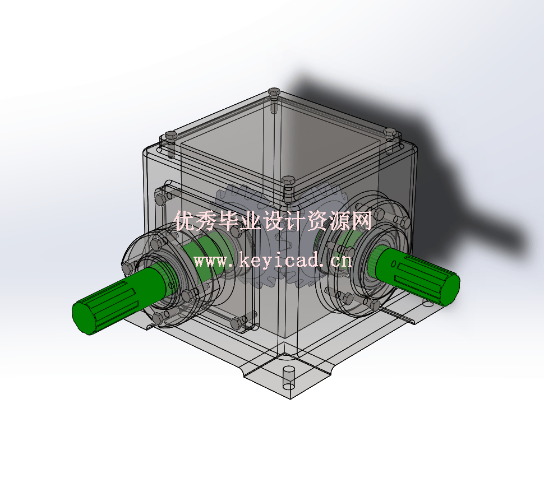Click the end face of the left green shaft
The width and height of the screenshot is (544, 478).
[x=85, y=317]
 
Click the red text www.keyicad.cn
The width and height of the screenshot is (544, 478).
[x=273, y=260]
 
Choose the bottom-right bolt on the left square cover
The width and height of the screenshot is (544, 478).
[x=236, y=323]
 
